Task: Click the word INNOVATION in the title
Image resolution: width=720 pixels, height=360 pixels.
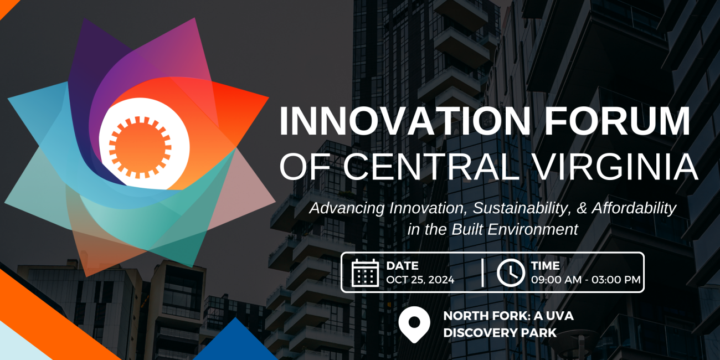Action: point(405,121)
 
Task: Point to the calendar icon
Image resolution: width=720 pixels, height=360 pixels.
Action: point(365,272)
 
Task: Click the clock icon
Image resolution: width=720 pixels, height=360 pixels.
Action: point(511,272)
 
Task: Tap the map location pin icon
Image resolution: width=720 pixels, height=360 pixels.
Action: point(414,325)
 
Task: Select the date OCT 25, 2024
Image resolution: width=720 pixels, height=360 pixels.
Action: point(420,280)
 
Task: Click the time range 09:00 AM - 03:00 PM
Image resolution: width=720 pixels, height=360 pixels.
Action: point(585,280)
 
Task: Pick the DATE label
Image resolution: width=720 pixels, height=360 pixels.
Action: point(403,266)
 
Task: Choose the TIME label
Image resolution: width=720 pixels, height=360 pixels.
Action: point(546,266)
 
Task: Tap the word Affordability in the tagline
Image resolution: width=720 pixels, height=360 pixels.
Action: point(634,208)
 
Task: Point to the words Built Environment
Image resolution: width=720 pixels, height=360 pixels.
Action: point(515,229)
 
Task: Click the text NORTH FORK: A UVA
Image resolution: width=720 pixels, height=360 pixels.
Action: point(508,316)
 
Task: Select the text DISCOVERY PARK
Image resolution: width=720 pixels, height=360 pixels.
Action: point(500,333)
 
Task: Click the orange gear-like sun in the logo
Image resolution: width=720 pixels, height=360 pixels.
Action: point(140,147)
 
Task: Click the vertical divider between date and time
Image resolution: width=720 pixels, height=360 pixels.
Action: point(482,272)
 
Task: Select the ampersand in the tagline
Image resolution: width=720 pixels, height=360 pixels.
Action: point(582,208)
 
